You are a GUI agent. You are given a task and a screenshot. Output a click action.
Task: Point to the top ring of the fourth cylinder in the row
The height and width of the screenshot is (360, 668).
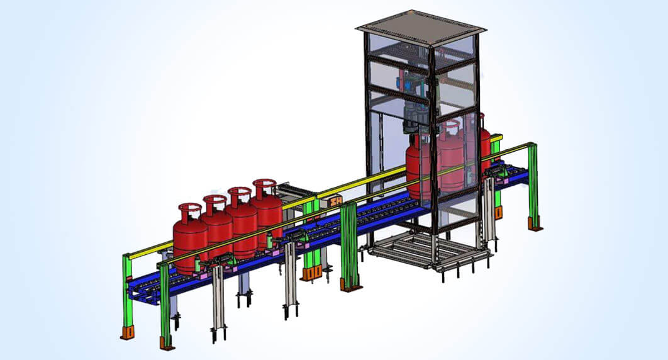click(x=264, y=184)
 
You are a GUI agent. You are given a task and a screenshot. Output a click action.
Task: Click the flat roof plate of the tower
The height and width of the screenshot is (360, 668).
click(x=421, y=25)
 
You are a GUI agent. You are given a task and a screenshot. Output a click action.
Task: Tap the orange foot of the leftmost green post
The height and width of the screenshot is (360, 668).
click(x=128, y=331)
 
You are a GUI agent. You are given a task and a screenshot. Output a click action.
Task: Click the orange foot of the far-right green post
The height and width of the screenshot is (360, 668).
click(x=535, y=223)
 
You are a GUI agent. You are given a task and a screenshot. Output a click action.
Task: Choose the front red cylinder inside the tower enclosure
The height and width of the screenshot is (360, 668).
click(x=418, y=167)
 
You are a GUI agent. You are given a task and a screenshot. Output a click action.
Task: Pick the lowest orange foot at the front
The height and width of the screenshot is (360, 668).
click(x=167, y=343)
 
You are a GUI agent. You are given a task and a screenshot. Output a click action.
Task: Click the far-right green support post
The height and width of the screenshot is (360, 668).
click(x=533, y=183)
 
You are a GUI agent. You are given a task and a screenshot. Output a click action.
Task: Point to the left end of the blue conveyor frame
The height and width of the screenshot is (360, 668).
click(x=142, y=293)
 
